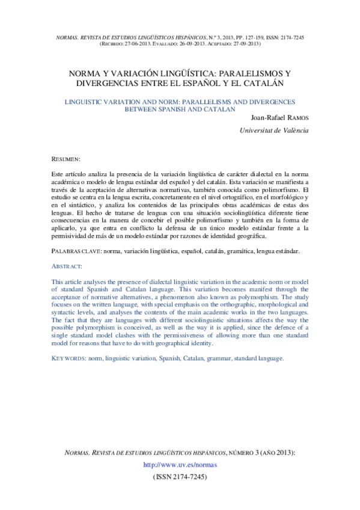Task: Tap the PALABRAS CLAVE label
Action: point(76,250)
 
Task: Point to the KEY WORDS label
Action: point(68,358)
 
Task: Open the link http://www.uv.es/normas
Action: point(180,465)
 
